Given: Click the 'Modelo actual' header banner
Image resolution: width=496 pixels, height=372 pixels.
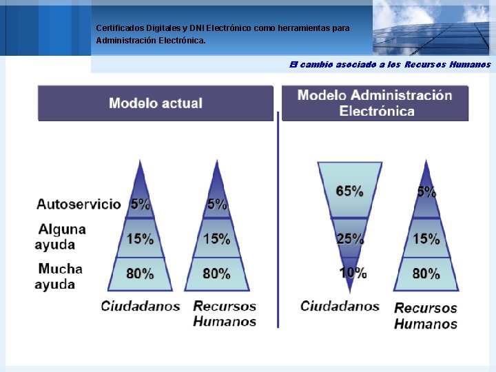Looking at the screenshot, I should [x=156, y=103].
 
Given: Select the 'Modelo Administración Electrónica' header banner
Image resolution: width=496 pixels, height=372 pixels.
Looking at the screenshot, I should [x=375, y=103].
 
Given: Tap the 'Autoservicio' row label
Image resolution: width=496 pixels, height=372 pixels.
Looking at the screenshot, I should [x=78, y=205].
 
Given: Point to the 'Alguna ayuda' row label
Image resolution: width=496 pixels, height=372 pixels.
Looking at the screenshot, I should [x=61, y=236].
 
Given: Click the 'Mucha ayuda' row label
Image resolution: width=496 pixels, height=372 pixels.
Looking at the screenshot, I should [x=60, y=276].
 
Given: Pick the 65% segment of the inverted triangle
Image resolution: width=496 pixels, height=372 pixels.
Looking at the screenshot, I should [x=349, y=191].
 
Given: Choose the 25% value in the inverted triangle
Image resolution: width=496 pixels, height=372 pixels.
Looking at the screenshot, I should [x=350, y=239].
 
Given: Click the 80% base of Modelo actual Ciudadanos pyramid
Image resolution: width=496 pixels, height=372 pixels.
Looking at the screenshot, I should [x=140, y=273].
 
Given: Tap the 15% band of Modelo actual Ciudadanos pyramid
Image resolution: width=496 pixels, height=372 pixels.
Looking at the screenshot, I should [x=140, y=239].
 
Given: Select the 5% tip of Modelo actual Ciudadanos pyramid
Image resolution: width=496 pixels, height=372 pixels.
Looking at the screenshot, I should [x=141, y=203].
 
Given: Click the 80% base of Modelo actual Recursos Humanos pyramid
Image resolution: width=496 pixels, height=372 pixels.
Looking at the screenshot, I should [x=216, y=273].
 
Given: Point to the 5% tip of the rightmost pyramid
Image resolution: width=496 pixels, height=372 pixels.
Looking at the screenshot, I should [x=426, y=192].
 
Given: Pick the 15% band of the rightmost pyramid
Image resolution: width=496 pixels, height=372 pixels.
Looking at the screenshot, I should [x=426, y=239].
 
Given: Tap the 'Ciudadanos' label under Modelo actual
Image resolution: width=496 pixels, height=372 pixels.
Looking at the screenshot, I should [x=141, y=306].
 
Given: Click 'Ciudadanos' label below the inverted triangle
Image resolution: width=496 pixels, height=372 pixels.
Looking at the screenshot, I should [x=340, y=306].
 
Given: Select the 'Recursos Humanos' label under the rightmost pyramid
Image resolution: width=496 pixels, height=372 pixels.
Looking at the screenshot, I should [x=426, y=316].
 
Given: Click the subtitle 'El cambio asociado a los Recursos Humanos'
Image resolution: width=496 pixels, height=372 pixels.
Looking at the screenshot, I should [x=390, y=65].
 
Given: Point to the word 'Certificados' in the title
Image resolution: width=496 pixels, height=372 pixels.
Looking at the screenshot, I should [x=118, y=28].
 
